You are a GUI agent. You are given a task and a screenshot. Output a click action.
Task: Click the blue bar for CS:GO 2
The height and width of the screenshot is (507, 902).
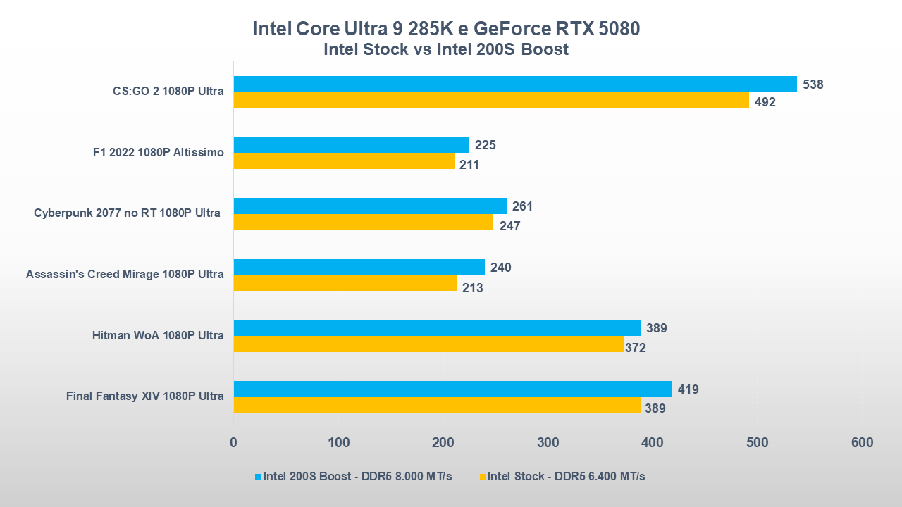tap(515, 84)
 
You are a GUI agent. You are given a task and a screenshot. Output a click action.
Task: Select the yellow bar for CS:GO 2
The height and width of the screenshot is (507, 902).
tap(491, 100)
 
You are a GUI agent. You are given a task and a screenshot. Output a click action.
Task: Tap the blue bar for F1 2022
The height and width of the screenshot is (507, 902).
tap(351, 144)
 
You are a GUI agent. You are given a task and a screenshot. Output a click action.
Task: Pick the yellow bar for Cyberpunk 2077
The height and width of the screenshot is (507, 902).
tap(363, 222)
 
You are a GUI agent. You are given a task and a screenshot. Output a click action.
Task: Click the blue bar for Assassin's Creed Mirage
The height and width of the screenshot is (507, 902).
tap(359, 267)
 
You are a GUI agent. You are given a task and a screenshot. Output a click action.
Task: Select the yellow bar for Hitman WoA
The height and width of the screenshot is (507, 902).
tap(428, 344)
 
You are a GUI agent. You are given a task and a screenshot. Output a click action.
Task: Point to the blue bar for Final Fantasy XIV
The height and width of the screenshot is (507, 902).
tap(452, 389)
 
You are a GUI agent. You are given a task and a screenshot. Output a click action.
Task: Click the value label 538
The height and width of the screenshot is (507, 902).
tap(813, 84)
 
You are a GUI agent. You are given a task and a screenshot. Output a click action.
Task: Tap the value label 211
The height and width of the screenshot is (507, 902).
tap(469, 165)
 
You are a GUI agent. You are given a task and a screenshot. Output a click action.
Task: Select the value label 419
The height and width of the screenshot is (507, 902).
tap(688, 389)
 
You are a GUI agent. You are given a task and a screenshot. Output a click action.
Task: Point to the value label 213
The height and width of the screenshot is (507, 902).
tap(472, 287)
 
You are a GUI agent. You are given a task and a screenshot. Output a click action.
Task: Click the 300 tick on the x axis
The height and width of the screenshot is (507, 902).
tap(548, 443)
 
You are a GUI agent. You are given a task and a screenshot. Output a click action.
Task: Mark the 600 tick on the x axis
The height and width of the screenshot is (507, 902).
tap(861, 443)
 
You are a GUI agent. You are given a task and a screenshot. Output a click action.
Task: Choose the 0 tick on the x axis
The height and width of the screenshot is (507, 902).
tap(233, 443)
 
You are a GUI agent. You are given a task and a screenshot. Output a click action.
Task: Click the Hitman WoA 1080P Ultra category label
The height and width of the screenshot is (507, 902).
tap(158, 335)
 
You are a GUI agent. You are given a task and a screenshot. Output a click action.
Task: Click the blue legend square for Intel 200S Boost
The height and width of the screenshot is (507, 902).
tap(258, 477)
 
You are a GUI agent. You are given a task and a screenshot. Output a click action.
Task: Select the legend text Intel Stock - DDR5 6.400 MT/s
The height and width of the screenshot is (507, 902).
tap(566, 477)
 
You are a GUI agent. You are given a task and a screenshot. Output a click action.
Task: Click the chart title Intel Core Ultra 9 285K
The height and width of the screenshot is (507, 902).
tap(446, 29)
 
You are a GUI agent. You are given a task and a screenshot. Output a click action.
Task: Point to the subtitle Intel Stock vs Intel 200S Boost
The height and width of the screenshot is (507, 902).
tap(446, 49)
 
